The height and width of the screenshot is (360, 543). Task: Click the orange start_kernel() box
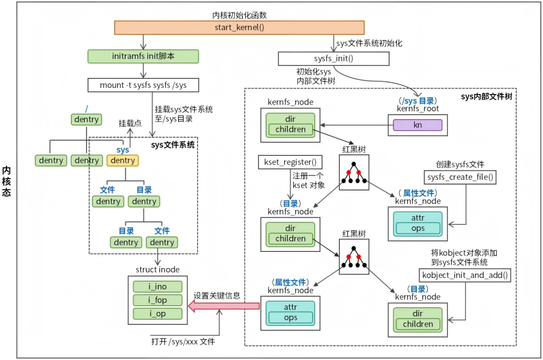(239, 27)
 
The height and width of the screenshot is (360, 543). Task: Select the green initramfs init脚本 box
(143, 56)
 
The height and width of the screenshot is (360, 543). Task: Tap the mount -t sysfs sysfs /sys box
(143, 85)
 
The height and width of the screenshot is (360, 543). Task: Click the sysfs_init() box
(334, 58)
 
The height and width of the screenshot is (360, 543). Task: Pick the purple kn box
(418, 125)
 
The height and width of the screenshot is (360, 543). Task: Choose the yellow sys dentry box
(123, 160)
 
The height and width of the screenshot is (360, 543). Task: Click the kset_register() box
(290, 162)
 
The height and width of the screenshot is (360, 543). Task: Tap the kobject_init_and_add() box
(465, 275)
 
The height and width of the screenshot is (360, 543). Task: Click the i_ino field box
(157, 287)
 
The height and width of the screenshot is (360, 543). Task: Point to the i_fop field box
(157, 300)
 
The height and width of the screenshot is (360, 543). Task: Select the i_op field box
(157, 314)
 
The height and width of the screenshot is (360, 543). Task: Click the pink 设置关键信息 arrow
(224, 306)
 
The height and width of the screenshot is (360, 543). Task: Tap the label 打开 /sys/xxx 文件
(183, 342)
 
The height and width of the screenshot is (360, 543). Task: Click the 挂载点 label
(130, 123)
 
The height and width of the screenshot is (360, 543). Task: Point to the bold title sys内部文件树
(486, 97)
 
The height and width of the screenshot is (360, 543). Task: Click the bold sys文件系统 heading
(173, 145)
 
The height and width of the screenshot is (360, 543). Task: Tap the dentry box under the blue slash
(86, 120)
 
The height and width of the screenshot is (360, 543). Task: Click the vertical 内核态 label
(7, 182)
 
